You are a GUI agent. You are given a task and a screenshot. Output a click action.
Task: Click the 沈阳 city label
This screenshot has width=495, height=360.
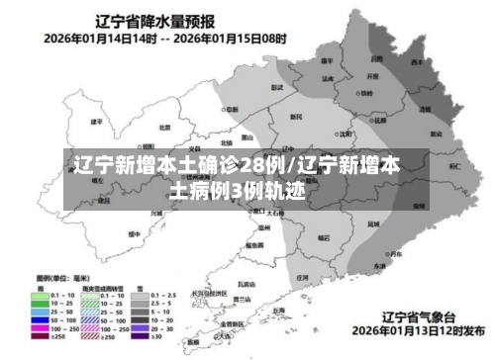345,134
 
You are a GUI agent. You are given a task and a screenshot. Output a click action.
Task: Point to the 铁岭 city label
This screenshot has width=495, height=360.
366,93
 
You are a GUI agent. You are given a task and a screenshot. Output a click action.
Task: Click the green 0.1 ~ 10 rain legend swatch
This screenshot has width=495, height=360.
41,296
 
